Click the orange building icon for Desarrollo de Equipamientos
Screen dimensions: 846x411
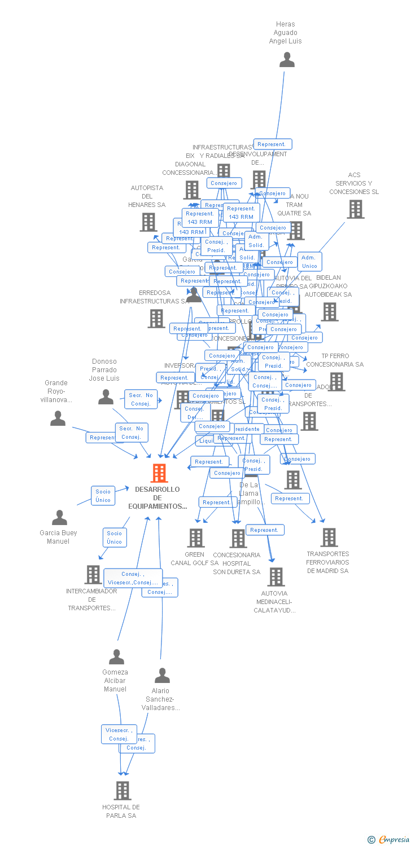[159, 473]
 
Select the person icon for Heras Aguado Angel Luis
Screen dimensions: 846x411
[287, 59]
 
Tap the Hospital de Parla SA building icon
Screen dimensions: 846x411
[123, 791]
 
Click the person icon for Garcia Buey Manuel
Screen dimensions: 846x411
[59, 517]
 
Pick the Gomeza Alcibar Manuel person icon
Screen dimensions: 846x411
[116, 656]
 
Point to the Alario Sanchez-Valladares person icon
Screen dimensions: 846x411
[162, 675]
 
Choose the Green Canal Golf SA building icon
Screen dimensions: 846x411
[196, 538]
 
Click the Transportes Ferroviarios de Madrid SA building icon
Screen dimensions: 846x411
[329, 537]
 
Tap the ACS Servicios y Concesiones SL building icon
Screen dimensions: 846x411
[355, 209]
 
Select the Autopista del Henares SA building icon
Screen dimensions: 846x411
[148, 222]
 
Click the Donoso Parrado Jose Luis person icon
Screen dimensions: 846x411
[106, 397]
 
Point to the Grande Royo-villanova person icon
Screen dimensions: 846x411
[58, 418]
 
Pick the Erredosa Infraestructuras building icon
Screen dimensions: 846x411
[156, 319]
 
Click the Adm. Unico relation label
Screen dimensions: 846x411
[309, 262]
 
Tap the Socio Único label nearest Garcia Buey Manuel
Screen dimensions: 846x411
[103, 496]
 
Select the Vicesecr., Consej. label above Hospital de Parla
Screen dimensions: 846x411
[119, 734]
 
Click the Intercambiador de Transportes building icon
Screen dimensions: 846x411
[93, 575]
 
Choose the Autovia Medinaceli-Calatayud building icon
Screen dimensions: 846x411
[276, 577]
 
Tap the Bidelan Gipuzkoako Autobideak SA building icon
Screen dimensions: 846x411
[329, 312]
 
